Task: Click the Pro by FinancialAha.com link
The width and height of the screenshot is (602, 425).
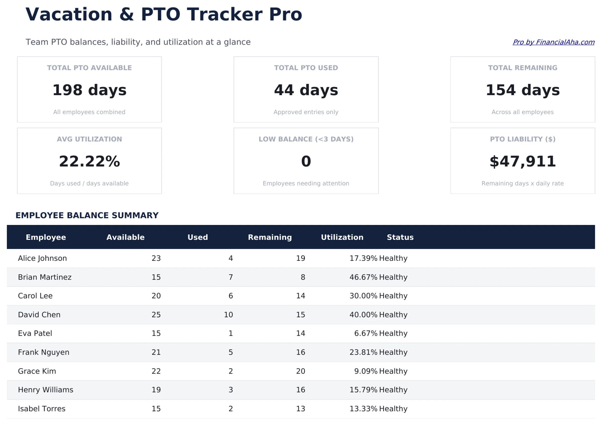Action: tap(553, 42)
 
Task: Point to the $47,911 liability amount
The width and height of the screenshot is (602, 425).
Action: tap(522, 161)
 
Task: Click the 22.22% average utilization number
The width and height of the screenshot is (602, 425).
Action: tap(89, 161)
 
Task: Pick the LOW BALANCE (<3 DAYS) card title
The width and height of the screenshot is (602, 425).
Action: tap(306, 139)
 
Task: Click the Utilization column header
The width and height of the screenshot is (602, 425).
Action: tap(342, 237)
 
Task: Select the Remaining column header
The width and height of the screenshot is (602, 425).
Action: tap(270, 237)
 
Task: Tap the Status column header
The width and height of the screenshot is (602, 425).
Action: tap(400, 237)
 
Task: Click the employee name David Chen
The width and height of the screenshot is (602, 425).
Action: tap(39, 315)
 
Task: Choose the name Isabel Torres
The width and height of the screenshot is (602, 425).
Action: tap(42, 408)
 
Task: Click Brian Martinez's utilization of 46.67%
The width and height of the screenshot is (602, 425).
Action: tap(363, 277)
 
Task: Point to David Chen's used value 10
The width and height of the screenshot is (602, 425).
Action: tap(228, 315)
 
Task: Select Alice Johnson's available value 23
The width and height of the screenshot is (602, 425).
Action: tap(156, 258)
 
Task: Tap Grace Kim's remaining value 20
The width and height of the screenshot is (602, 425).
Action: tap(300, 371)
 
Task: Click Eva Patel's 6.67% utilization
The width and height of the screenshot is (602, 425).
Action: tap(365, 333)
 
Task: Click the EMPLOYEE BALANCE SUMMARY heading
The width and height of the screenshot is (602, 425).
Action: tap(87, 215)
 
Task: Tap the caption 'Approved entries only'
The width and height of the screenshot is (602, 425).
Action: tap(306, 112)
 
